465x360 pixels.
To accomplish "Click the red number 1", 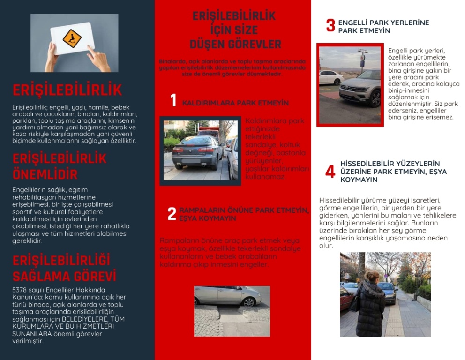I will coord(173,101).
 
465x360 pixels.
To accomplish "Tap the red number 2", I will coord(172,214).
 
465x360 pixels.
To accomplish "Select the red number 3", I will coord(330,25).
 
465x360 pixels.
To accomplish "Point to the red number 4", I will coord(330,172).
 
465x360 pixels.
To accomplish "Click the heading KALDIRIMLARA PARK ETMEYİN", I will coord(235,103).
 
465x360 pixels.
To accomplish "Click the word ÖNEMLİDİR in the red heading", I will coord(45,174).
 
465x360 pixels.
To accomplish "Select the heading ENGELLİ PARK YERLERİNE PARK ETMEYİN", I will coord(383,26).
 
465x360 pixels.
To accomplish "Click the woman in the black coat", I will coord(370,305).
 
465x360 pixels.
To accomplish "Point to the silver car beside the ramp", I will coord(228,295).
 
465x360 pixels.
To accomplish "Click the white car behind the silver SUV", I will coord(331,77).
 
